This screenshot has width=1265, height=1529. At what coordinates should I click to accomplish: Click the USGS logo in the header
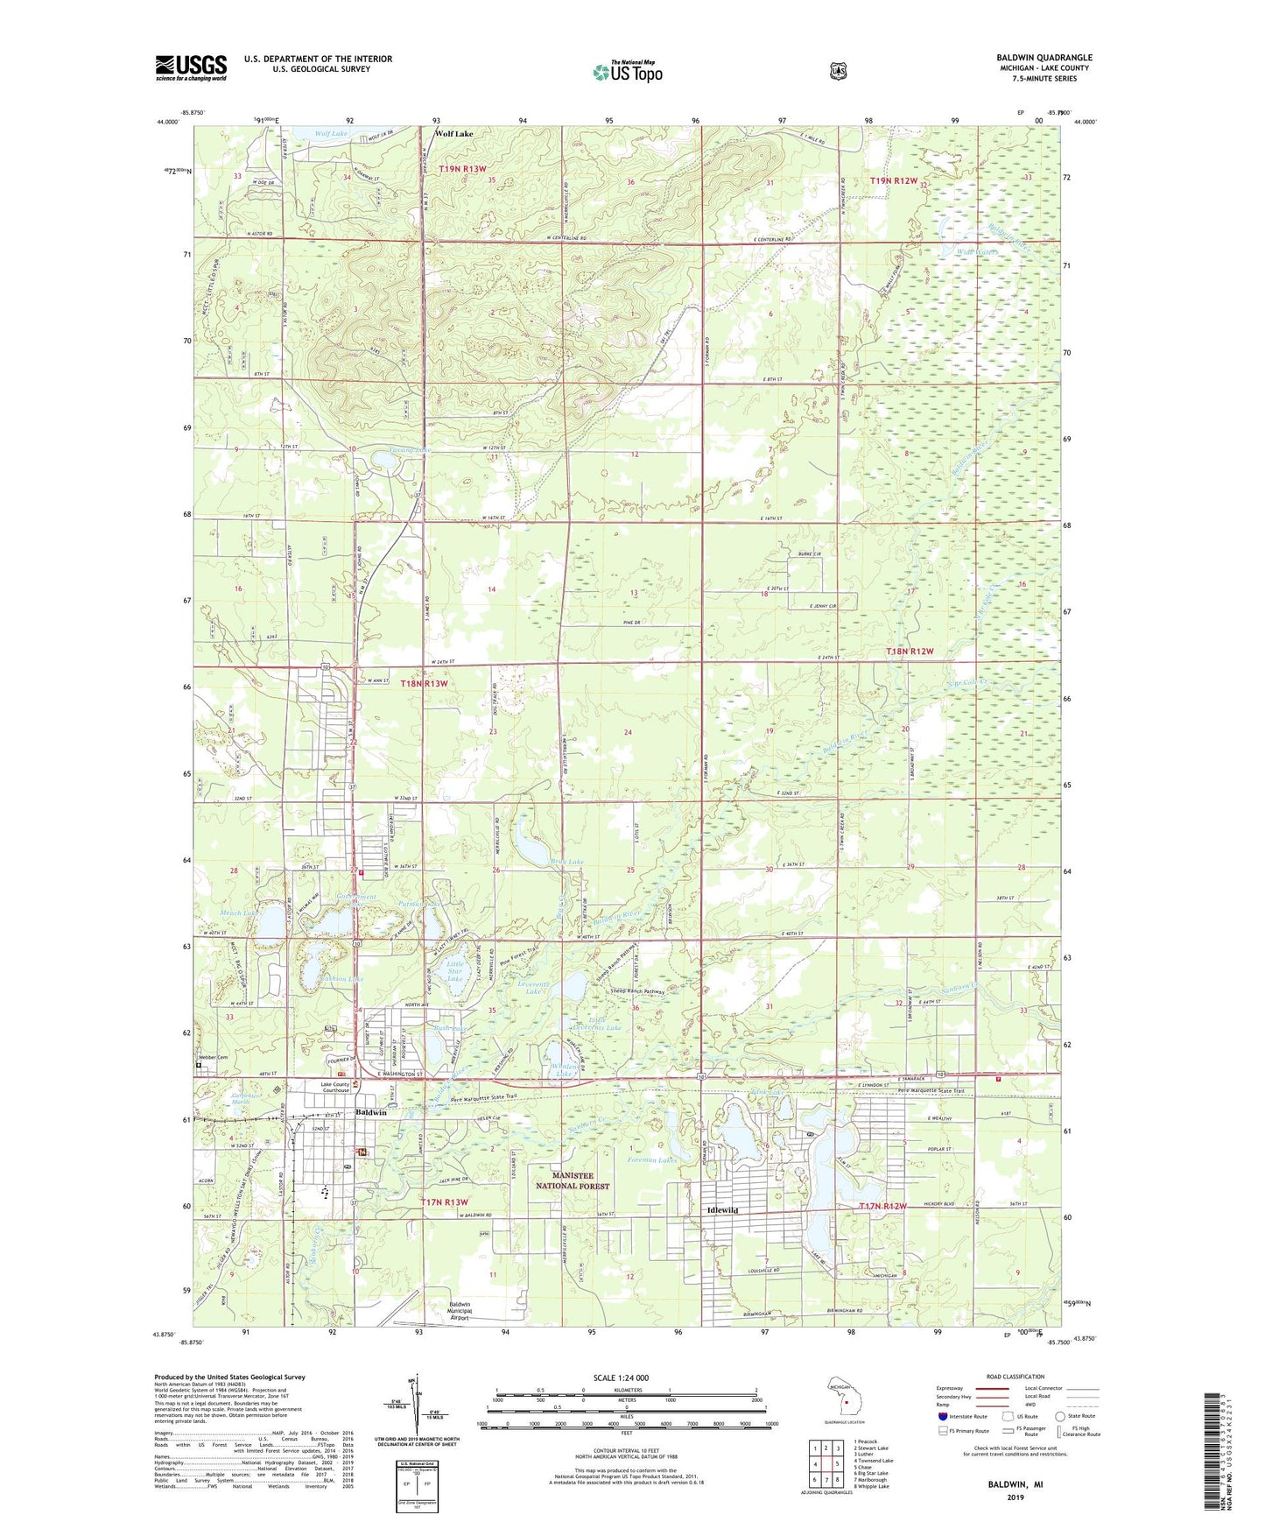191,67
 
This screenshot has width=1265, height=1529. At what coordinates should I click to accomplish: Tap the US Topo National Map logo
627,71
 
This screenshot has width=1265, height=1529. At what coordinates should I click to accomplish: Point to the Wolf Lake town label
454,134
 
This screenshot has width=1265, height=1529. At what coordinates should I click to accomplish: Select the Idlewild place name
722,1210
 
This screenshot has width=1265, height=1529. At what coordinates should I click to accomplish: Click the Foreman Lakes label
652,1160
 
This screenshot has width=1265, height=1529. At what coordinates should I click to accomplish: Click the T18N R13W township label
425,683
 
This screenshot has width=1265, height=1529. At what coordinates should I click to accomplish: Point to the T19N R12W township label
894,180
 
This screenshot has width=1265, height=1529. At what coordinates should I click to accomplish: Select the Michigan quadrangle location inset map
844,1397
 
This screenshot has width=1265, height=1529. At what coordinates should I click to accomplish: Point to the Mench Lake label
238,913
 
